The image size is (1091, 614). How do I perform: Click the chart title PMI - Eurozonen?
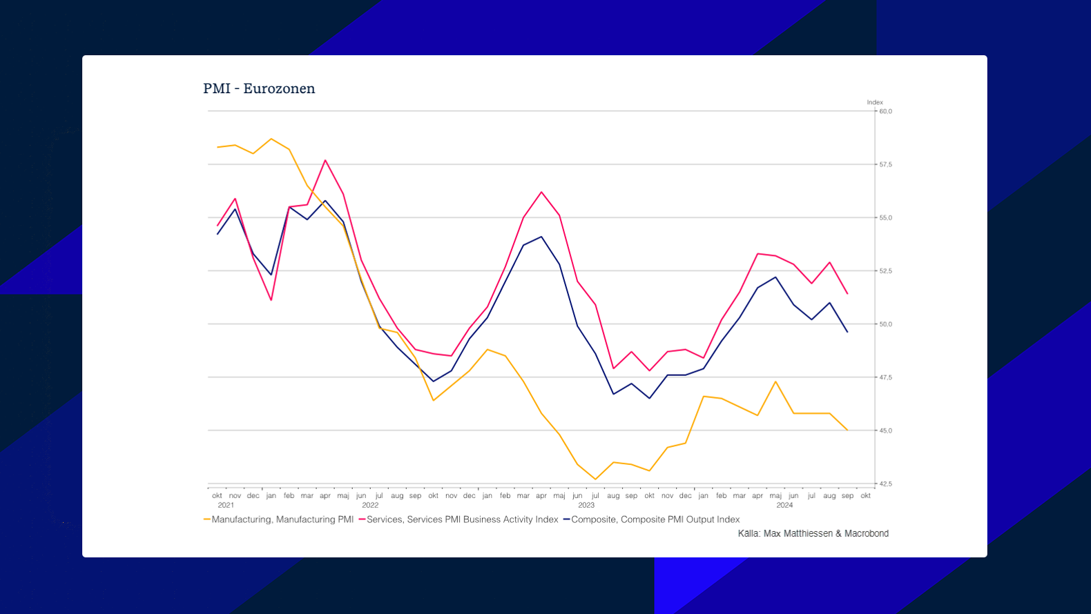pyautogui.click(x=259, y=88)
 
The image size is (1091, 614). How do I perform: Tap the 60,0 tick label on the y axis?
pyautogui.click(x=885, y=111)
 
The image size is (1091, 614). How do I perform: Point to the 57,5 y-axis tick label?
pyautogui.click(x=885, y=164)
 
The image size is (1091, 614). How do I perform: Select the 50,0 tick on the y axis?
pyautogui.click(x=885, y=324)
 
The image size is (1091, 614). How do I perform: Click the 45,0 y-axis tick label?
pyautogui.click(x=885, y=430)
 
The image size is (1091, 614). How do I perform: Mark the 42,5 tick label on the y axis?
pyautogui.click(x=885, y=484)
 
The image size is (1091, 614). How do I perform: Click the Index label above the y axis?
pyautogui.click(x=875, y=102)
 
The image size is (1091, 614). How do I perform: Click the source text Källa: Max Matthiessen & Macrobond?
pyautogui.click(x=813, y=533)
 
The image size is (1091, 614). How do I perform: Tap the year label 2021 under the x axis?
pyautogui.click(x=226, y=505)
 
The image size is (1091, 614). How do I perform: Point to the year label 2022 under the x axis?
pyautogui.click(x=370, y=505)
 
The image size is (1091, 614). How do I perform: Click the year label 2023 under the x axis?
pyautogui.click(x=586, y=505)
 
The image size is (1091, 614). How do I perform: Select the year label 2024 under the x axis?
pyautogui.click(x=784, y=505)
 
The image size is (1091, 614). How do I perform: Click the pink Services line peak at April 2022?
pyautogui.click(x=325, y=160)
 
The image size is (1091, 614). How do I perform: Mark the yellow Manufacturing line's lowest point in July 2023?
pyautogui.click(x=595, y=479)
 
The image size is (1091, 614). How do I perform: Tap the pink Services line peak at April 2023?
pyautogui.click(x=541, y=192)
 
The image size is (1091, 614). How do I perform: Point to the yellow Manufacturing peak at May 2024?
pyautogui.click(x=775, y=382)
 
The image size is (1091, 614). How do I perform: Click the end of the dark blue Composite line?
pyautogui.click(x=847, y=332)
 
